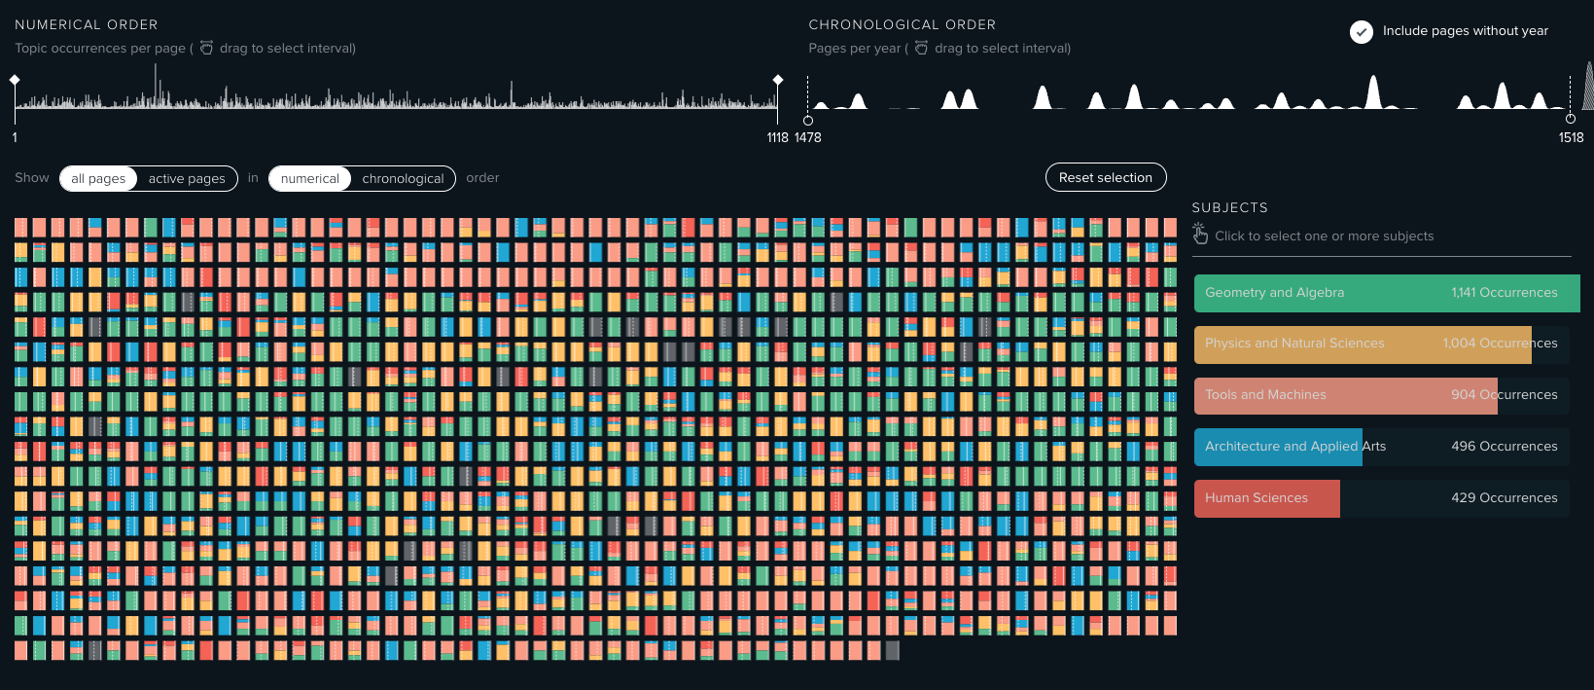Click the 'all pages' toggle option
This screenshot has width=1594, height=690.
point(98,178)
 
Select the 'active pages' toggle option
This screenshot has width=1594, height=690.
point(187,178)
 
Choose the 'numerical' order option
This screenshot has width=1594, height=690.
point(310,178)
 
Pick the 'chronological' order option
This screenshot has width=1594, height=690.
point(403,178)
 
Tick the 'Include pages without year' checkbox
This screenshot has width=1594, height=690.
point(1362,31)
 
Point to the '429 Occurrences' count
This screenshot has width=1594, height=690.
point(1504,498)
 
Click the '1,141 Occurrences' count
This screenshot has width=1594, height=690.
point(1504,293)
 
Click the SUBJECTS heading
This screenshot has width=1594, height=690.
point(1229,207)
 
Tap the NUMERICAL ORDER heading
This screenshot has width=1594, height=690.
point(86,24)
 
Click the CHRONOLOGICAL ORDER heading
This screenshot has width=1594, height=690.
point(902,24)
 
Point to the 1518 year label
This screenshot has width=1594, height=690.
point(1571,138)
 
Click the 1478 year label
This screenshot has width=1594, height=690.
point(808,138)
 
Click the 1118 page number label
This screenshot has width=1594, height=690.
point(777,138)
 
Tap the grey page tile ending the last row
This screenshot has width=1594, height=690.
point(893,650)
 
